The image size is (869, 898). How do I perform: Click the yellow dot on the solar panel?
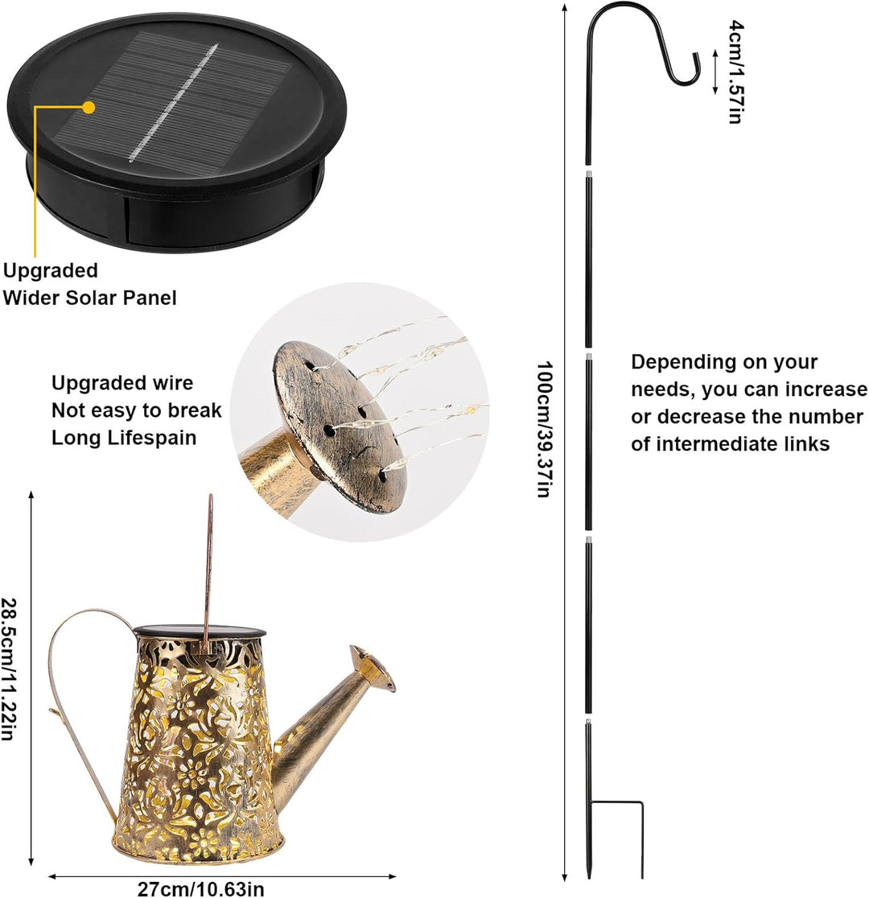point(89,106)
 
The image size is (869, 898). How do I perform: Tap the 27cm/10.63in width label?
point(200,889)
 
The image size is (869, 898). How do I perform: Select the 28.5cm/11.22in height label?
point(8,669)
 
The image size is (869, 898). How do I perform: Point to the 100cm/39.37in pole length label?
point(544,429)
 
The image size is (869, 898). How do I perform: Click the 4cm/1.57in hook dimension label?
point(736,72)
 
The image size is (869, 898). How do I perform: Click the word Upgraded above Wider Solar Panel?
point(51,270)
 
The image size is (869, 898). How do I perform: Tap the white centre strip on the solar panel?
point(174,102)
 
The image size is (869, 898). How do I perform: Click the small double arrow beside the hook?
point(715,72)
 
